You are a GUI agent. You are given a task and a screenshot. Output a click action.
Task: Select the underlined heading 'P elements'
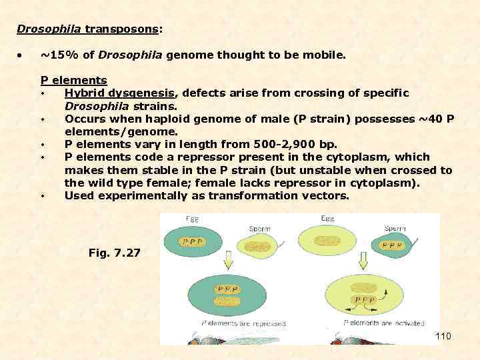[74, 81]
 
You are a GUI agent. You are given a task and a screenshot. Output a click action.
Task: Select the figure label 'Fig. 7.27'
[114, 253]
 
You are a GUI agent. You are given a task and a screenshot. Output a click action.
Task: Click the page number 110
[443, 336]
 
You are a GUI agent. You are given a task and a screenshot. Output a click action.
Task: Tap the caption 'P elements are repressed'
[243, 323]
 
